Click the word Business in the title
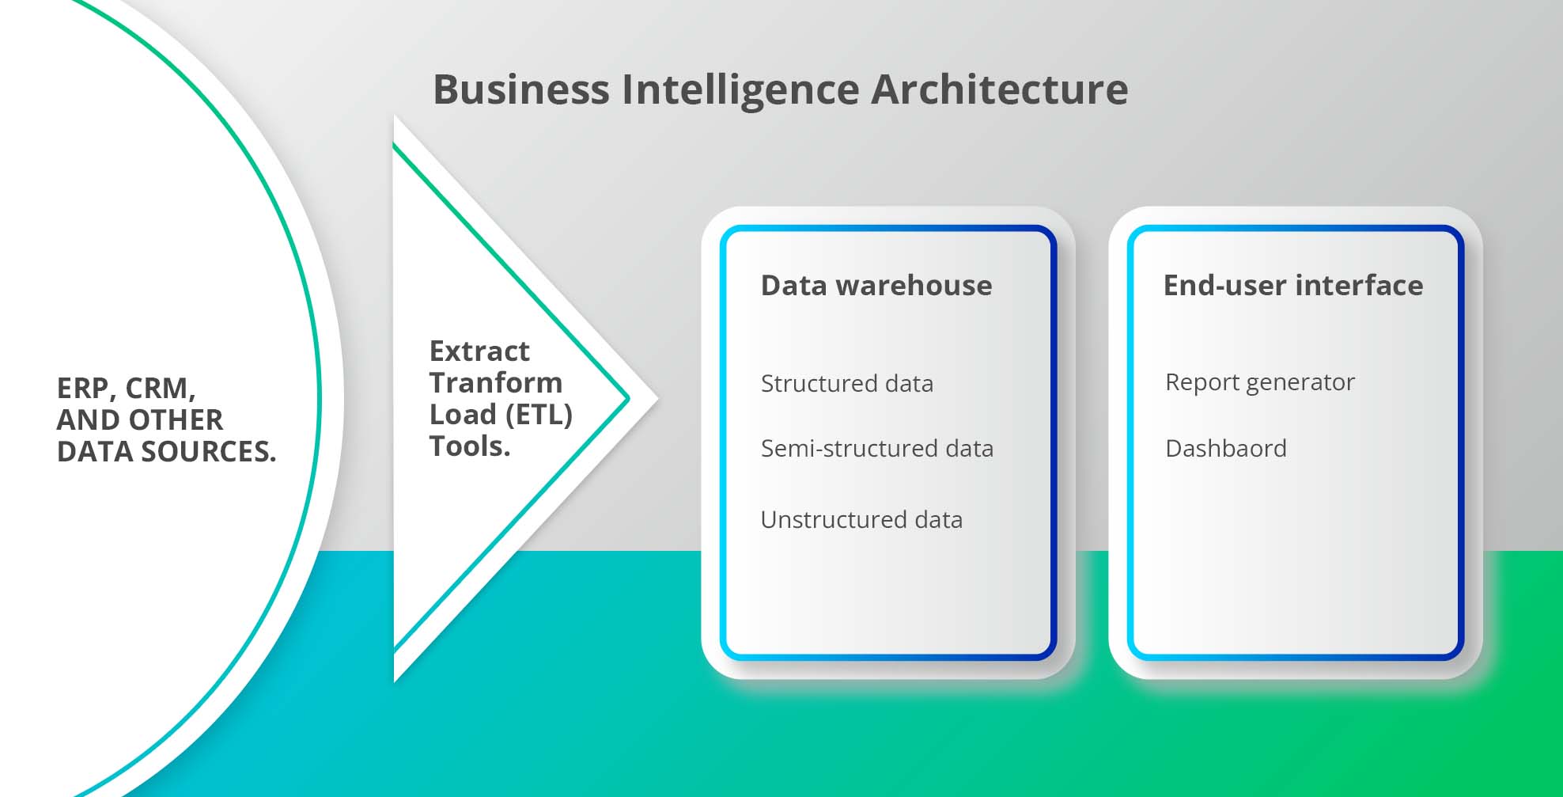(520, 89)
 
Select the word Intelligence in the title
(740, 90)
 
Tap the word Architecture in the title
(999, 89)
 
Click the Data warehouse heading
(876, 285)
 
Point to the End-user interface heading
(1292, 285)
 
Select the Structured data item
(846, 384)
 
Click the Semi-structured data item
(876, 449)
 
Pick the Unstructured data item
(861, 520)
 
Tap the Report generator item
(1259, 383)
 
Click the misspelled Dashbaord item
(1225, 449)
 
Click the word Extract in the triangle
(479, 351)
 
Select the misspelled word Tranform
(495, 383)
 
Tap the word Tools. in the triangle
(469, 446)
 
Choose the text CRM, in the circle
(160, 389)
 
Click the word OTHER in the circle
(175, 420)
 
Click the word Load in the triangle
(463, 415)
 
